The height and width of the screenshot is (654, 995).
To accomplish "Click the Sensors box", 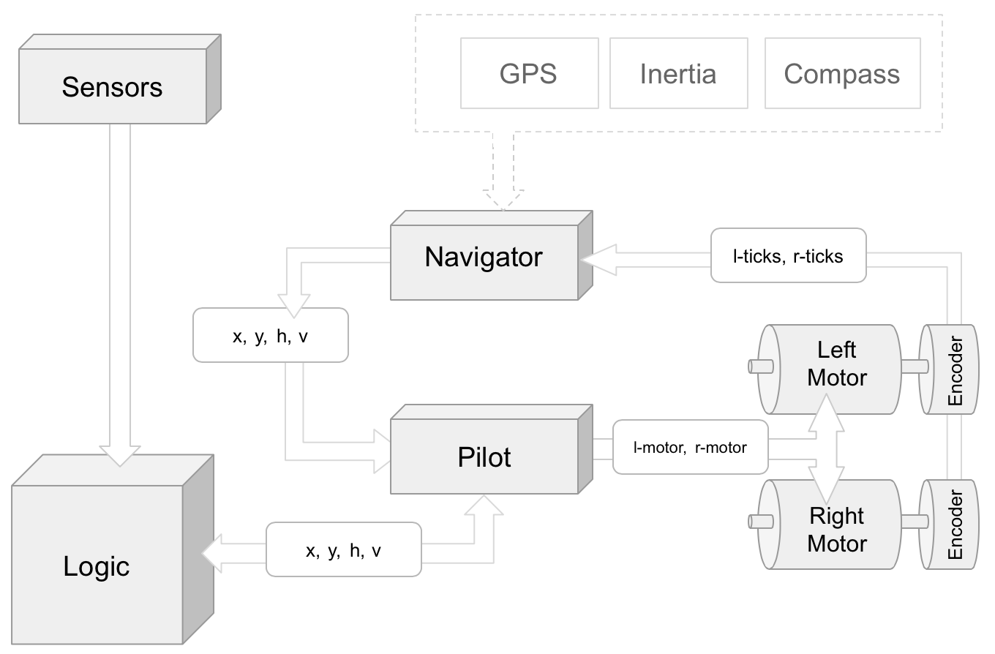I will [112, 87].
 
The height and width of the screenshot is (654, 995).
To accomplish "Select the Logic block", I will [97, 565].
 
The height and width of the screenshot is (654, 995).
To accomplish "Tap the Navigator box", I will [484, 257].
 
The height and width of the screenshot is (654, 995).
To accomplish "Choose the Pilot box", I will [484, 457].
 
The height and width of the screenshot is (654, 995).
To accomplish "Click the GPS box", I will [529, 73].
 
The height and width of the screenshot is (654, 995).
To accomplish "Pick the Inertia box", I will [678, 73].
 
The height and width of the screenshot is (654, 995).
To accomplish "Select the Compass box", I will [842, 73].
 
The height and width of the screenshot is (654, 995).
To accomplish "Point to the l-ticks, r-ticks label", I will [788, 255].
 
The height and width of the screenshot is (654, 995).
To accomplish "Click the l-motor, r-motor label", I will [690, 447].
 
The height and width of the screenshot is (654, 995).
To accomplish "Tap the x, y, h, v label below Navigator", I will [270, 336].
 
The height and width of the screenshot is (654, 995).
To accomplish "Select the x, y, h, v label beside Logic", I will [343, 549].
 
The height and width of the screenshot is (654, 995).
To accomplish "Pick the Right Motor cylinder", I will [836, 530].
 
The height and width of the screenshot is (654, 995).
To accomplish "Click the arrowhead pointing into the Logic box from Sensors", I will [119, 454].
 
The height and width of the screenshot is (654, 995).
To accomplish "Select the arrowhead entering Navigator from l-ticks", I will [596, 259].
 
